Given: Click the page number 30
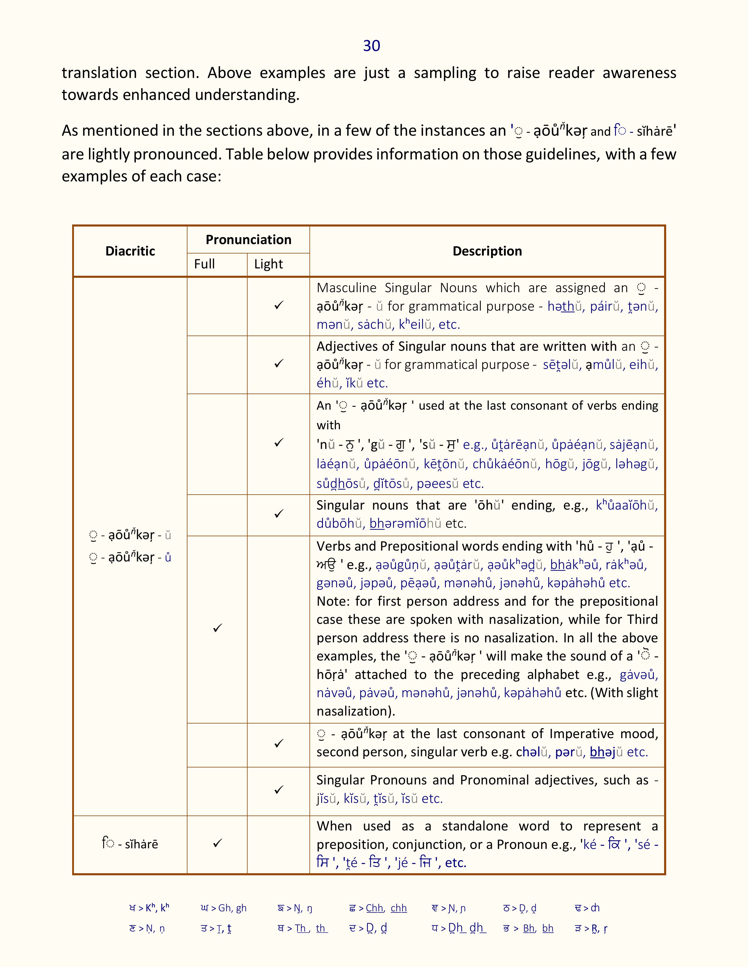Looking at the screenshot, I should click(371, 46).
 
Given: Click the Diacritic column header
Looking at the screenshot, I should click(130, 251).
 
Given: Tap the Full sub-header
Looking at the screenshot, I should click(204, 264).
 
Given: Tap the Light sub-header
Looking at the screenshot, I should click(268, 264).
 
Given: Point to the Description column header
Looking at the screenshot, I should click(487, 251).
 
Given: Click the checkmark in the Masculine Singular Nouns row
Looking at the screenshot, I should click(279, 306).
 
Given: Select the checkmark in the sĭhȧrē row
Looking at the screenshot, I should click(217, 843).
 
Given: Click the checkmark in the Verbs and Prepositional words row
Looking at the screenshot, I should click(217, 628).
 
